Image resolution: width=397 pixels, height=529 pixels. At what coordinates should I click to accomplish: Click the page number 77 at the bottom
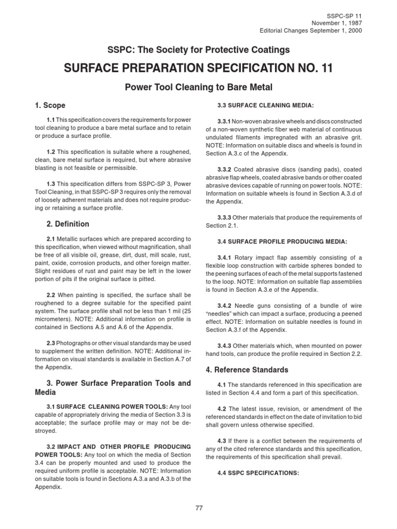click(198, 508)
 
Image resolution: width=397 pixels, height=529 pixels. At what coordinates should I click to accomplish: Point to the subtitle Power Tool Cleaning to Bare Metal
click(198, 87)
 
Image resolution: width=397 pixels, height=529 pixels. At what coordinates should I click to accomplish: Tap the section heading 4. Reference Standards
click(248, 370)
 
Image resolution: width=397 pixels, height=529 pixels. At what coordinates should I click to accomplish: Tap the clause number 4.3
click(222, 441)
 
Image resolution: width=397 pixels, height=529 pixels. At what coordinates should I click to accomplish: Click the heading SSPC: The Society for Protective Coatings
click(198, 50)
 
